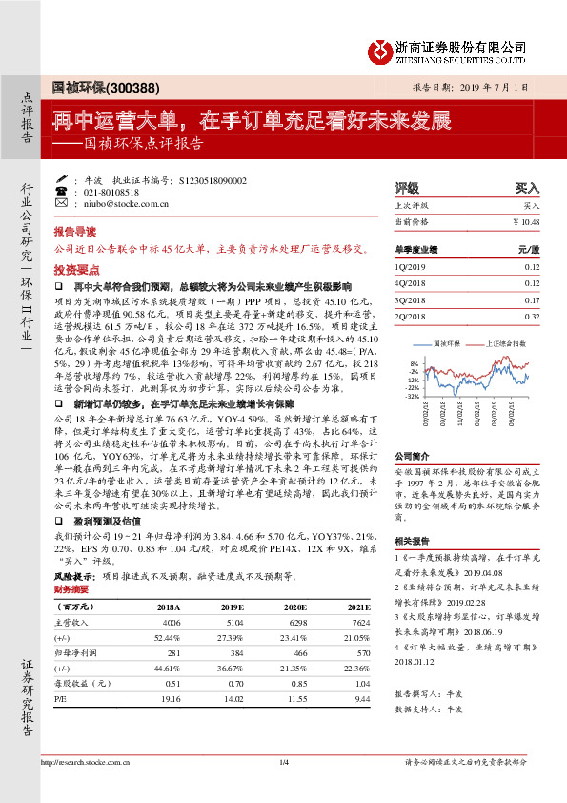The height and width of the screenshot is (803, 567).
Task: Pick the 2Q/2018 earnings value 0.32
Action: pyautogui.click(x=531, y=317)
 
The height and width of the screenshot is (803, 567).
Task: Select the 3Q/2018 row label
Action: pyautogui.click(x=410, y=299)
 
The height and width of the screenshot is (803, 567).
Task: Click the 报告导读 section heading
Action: pyautogui.click(x=74, y=232)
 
